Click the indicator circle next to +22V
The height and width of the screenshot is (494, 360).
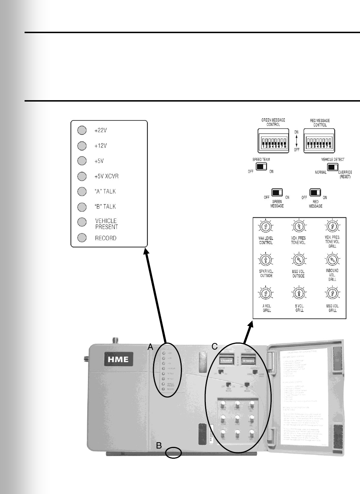[x=82, y=130]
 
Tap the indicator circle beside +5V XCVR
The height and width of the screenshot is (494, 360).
[x=82, y=176]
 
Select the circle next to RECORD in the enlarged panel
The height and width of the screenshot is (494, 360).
[x=82, y=238]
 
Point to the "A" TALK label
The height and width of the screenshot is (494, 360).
[x=105, y=191]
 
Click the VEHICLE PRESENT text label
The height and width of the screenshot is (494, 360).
[x=106, y=224]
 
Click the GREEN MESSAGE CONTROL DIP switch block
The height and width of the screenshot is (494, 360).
[x=273, y=141]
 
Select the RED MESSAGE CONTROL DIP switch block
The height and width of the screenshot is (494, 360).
[x=319, y=141]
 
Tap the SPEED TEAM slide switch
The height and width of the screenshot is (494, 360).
[x=261, y=166]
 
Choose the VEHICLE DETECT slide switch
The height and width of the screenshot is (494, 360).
[x=333, y=167]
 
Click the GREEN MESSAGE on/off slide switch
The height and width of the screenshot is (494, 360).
[x=277, y=193]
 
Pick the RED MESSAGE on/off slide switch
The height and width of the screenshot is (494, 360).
[x=315, y=193]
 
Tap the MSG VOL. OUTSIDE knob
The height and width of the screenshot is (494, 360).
[x=298, y=259]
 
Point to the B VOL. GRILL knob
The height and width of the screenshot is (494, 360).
[x=299, y=294]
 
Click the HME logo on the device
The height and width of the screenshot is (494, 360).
[x=118, y=359]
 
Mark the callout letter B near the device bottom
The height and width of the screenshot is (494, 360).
[x=159, y=446]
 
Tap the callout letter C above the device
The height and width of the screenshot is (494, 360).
[x=214, y=346]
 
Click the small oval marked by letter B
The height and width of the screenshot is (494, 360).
[x=174, y=453]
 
